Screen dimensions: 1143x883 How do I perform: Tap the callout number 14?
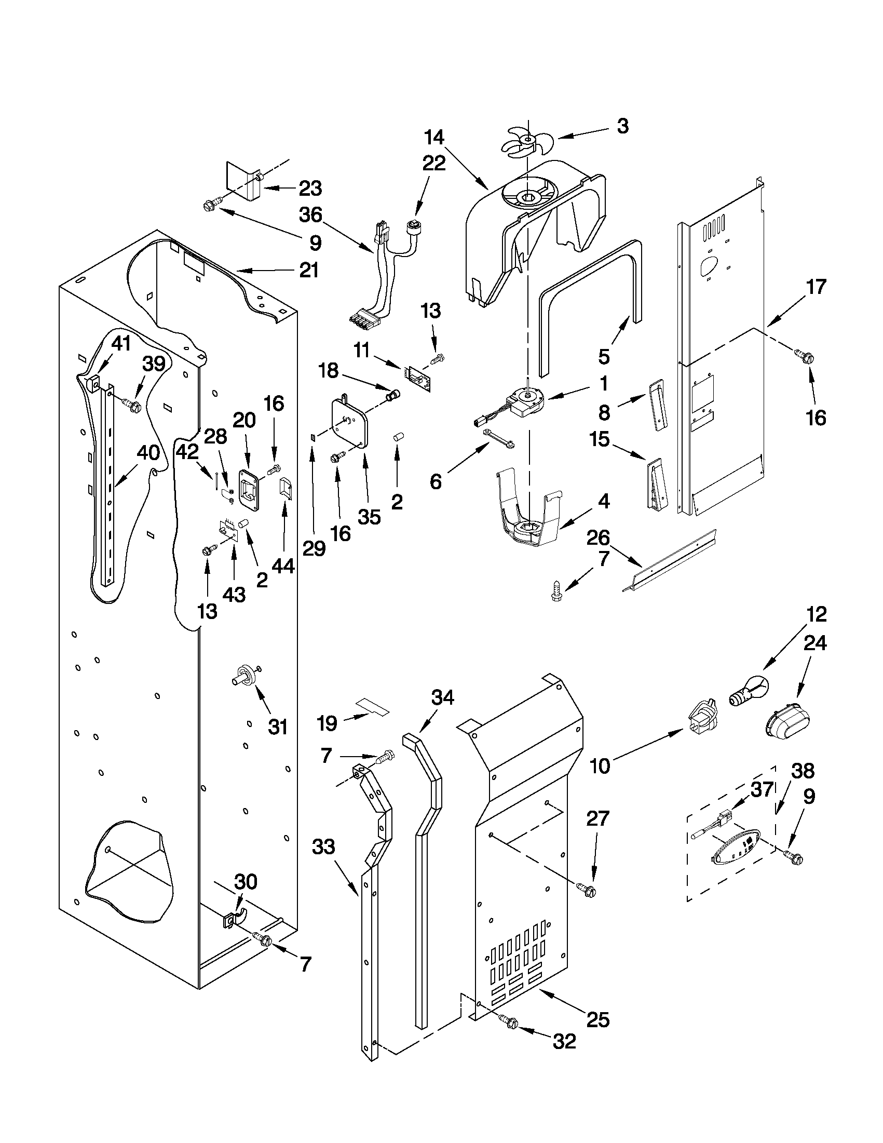coord(434,138)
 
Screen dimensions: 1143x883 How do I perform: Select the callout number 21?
coord(309,270)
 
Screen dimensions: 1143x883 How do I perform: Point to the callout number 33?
coord(323,846)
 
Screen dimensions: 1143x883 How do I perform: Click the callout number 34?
coord(442,697)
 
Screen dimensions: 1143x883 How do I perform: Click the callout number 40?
coord(148,453)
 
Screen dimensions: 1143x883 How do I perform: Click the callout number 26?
coord(598,537)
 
